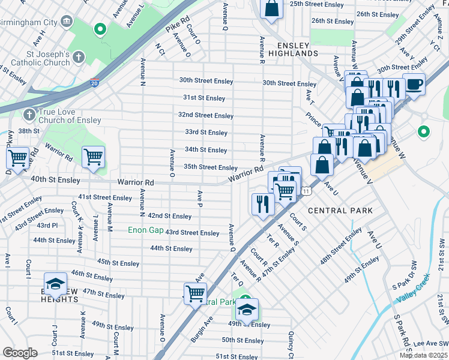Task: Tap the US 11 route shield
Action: tap(307, 191)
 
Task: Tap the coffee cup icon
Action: tap(414, 83)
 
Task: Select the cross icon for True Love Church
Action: tap(28, 114)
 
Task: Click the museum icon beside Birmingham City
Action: tap(67, 22)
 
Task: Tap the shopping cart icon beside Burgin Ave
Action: tap(196, 293)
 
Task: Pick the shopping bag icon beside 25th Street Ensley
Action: tap(271, 8)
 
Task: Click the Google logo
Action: tap(20, 353)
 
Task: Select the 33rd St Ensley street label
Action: tap(206, 133)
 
